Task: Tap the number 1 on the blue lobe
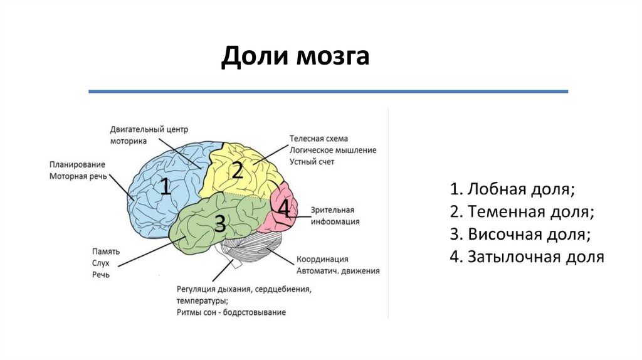click(165, 186)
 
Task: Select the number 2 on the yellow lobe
click(237, 170)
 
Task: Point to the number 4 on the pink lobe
click(284, 208)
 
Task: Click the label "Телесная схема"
click(318, 139)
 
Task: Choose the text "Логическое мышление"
click(333, 150)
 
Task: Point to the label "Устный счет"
click(312, 161)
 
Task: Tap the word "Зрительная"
click(332, 210)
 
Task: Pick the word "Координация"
click(322, 259)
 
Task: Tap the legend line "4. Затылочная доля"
click(527, 257)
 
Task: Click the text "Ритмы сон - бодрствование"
click(231, 312)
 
